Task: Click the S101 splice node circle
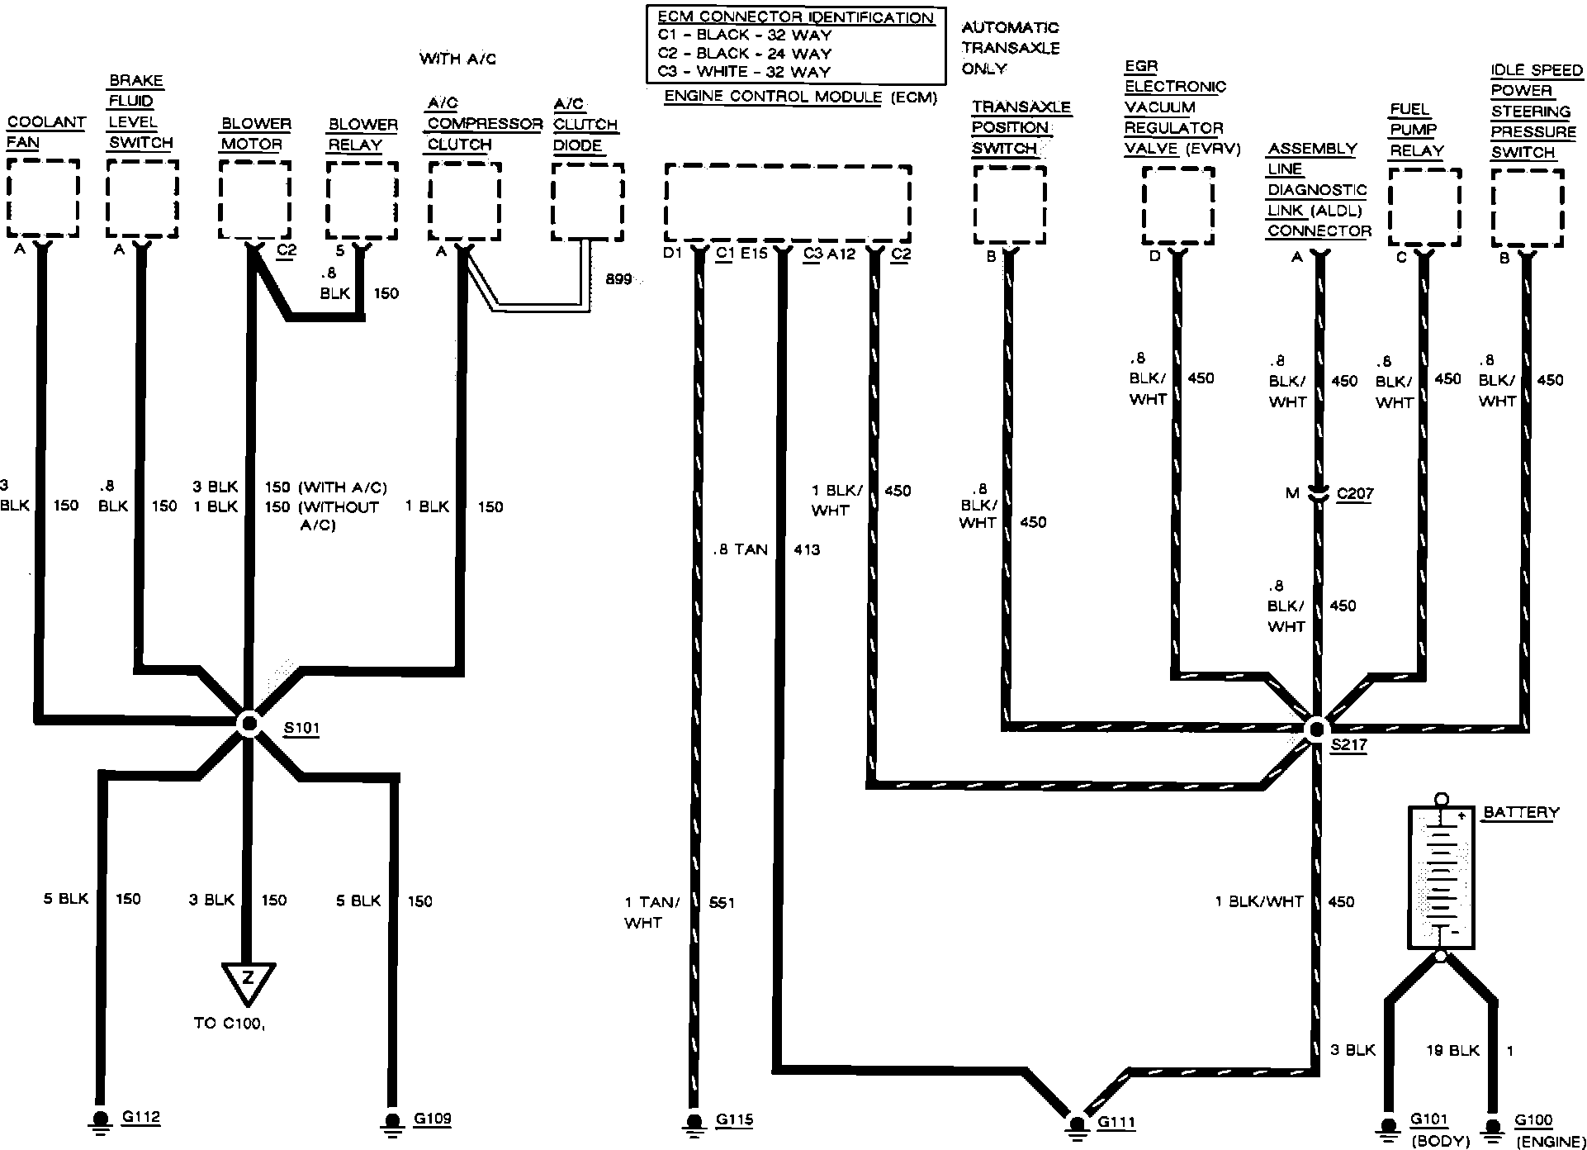coord(248,723)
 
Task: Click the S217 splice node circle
coord(1315,728)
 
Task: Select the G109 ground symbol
coord(391,1121)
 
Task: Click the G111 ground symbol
coord(1076,1124)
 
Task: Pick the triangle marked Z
coord(247,981)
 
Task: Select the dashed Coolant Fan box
coord(44,198)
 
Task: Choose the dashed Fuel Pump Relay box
coord(1424,207)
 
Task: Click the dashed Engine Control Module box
coord(788,203)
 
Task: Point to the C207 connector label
coord(1355,494)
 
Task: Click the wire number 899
coord(618,279)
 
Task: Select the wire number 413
coord(807,549)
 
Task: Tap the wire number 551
coord(722,903)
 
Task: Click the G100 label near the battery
coord(1533,1121)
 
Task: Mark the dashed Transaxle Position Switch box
coord(1010,206)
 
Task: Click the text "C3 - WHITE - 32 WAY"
coord(744,72)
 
